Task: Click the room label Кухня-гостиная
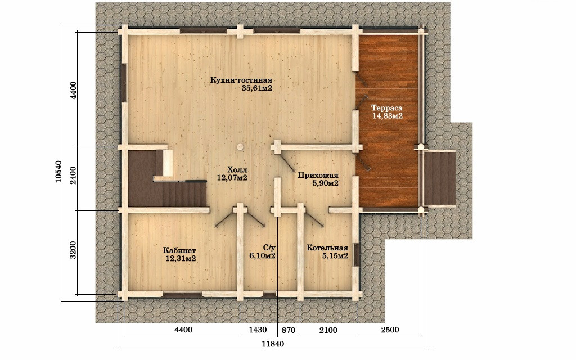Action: click(x=241, y=80)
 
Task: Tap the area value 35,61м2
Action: click(x=257, y=88)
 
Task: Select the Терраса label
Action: click(x=387, y=108)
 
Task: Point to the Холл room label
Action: click(x=237, y=170)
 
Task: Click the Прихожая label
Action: click(x=318, y=175)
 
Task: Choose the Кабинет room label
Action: click(x=179, y=250)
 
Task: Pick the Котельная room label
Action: click(x=327, y=247)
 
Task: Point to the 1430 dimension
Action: click(x=258, y=330)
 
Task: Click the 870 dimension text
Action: click(x=289, y=330)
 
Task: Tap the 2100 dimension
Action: click(x=328, y=330)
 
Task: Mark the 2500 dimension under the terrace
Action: click(x=390, y=330)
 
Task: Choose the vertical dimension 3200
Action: click(x=73, y=250)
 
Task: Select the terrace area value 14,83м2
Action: click(x=388, y=116)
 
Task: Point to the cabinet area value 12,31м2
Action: click(x=181, y=258)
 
